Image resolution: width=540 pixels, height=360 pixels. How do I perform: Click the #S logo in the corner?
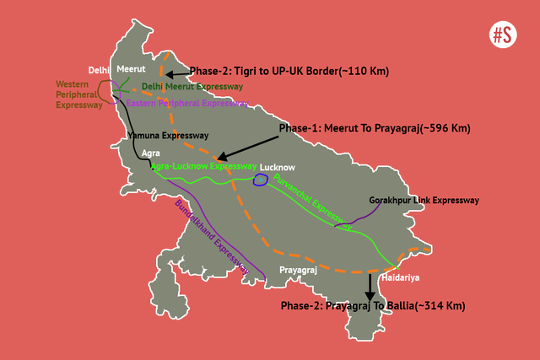click(x=504, y=35)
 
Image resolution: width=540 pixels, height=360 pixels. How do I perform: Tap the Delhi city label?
click(x=100, y=70)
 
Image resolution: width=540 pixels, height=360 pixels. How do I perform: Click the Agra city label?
click(x=151, y=153)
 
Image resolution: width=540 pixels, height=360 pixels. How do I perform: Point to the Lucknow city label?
click(x=277, y=167)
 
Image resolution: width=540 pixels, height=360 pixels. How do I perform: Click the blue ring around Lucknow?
click(x=261, y=180)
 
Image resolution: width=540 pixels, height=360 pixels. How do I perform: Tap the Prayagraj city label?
click(x=299, y=270)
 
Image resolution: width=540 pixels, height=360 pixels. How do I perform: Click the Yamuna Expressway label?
click(x=167, y=135)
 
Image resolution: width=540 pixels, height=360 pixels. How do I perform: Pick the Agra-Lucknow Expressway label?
click(x=202, y=167)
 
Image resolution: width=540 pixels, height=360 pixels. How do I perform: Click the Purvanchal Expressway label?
click(x=312, y=202)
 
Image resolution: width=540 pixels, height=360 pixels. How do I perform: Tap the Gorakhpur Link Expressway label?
click(x=424, y=201)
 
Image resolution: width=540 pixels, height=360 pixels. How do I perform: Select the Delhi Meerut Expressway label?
click(x=192, y=87)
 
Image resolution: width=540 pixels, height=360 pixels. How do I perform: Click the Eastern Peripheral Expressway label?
click(x=186, y=103)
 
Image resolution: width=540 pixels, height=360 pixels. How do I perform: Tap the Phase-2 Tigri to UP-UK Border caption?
click(x=289, y=72)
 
